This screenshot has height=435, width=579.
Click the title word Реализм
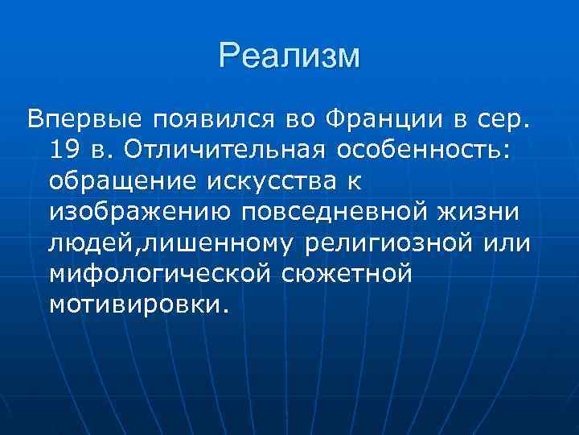[x=289, y=56]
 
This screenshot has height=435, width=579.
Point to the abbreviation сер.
[x=504, y=120]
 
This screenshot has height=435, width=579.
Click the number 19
[x=64, y=151]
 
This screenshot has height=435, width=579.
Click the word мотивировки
[x=138, y=304]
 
